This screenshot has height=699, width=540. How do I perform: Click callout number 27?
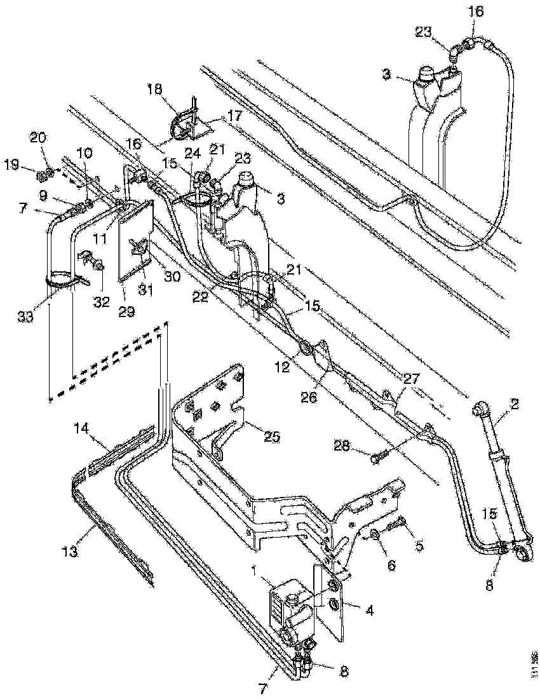pos(411,379)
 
